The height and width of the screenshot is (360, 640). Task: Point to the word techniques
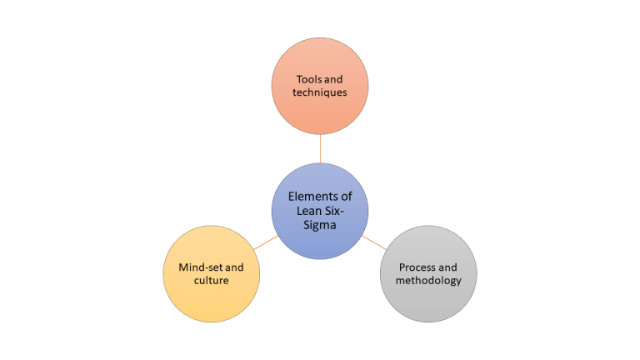(320, 92)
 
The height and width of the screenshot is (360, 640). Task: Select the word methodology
(427, 281)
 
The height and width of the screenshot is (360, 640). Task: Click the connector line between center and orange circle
(320, 148)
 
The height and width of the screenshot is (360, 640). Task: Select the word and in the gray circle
(447, 267)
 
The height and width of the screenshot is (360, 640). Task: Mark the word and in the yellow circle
(235, 267)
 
